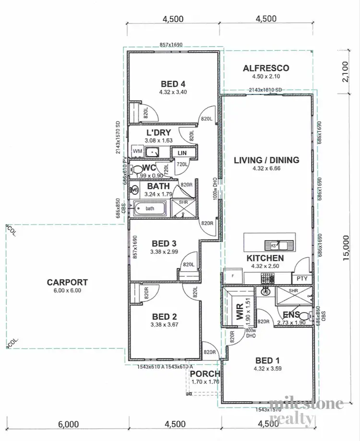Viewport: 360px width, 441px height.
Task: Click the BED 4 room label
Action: click(173, 83)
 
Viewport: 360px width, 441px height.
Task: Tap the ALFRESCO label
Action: click(266, 68)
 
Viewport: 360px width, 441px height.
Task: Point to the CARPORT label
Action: click(67, 282)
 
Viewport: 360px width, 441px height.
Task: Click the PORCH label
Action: click(205, 374)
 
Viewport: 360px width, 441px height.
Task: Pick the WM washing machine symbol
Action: click(137, 152)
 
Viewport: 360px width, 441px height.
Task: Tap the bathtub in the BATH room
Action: click(150, 209)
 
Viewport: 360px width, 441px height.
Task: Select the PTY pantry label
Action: click(302, 278)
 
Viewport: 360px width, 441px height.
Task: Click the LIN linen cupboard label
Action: click(182, 153)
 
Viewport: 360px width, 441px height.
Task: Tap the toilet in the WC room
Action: click(137, 168)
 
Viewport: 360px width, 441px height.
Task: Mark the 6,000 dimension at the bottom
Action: click(68, 424)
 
